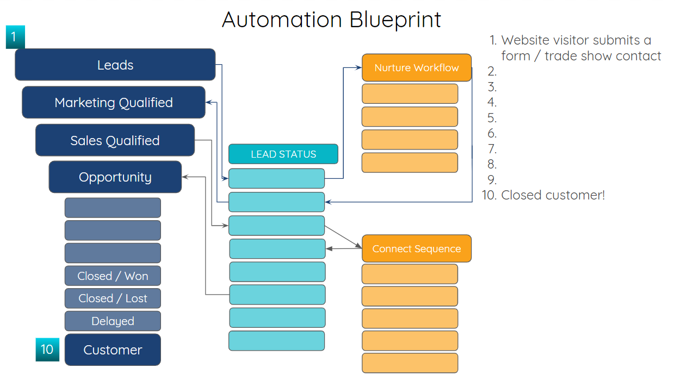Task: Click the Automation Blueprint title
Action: coord(331,20)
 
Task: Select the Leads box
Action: coord(115,65)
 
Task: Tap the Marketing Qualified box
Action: coord(114,102)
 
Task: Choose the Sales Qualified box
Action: coord(115,140)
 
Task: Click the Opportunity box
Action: coord(115,177)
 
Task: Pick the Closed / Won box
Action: coord(113,276)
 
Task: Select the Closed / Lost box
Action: coord(113,298)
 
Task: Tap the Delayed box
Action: coord(113,321)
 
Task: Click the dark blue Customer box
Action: coord(113,350)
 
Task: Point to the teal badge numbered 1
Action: coord(15,37)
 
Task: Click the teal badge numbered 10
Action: coord(47,349)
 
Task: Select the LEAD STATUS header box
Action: coord(283,154)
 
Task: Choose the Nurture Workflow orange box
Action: coord(417,67)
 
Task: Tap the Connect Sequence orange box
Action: coord(417,248)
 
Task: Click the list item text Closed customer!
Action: coord(553,195)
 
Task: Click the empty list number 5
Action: coord(492,118)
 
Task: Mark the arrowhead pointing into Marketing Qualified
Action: coord(209,102)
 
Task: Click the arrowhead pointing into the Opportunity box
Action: coord(185,177)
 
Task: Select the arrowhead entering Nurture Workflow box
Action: coord(358,67)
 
